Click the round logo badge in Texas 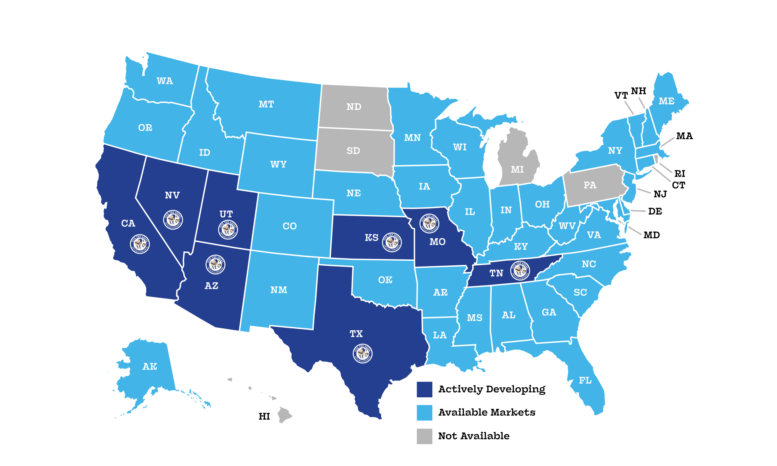[x=363, y=353]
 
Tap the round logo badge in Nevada [x=173, y=220]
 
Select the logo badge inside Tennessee [x=520, y=270]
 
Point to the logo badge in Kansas [x=392, y=242]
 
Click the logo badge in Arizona [x=215, y=264]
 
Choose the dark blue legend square [x=425, y=390]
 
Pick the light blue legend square [x=425, y=413]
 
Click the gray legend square [x=425, y=436]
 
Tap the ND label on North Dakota [x=354, y=107]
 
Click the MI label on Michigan [x=517, y=170]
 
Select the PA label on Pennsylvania [x=590, y=185]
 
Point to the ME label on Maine [x=666, y=101]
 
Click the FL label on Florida [x=585, y=381]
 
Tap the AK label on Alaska [x=150, y=367]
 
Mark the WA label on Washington [x=165, y=81]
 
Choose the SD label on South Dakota [x=353, y=151]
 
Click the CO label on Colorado [x=290, y=226]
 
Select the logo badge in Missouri [x=430, y=223]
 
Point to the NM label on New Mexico [x=279, y=290]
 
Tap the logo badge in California [x=140, y=244]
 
